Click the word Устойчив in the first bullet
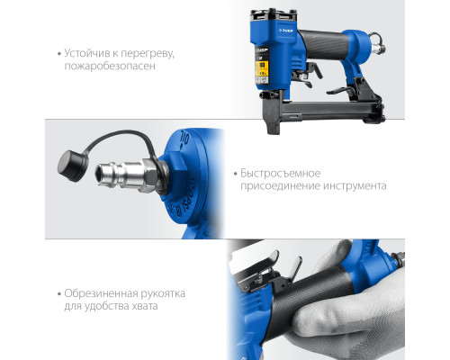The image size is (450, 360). (x=87, y=53)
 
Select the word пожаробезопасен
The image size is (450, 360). (x=110, y=66)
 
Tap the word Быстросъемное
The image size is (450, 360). (x=281, y=173)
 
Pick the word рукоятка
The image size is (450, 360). (x=163, y=293)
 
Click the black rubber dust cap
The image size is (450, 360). (x=73, y=166)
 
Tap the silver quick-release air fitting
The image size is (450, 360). (x=127, y=175)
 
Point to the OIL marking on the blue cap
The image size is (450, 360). (x=184, y=139)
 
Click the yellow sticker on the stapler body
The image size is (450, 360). (x=262, y=68)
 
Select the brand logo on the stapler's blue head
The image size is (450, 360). (x=287, y=31)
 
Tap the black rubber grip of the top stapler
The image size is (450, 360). (x=323, y=44)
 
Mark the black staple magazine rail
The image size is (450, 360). (x=330, y=109)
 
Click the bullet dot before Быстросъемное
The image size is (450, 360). (x=236, y=174)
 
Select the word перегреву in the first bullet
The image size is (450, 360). (x=148, y=54)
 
